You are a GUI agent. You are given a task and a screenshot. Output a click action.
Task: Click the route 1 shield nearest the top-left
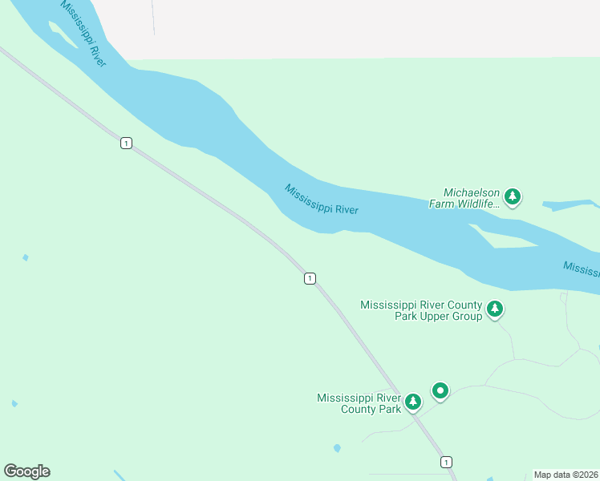(126, 143)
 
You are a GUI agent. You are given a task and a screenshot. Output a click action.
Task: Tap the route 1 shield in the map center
(310, 278)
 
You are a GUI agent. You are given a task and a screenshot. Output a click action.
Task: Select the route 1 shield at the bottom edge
(446, 462)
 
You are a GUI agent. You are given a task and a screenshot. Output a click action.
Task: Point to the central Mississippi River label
(321, 199)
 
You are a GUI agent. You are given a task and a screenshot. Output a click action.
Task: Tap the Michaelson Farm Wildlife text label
(472, 198)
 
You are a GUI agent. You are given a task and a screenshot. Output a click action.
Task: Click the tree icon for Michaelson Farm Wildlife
(513, 196)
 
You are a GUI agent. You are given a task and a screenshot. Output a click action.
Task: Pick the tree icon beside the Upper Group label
(495, 309)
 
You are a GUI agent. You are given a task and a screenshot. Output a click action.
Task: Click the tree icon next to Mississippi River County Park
(413, 401)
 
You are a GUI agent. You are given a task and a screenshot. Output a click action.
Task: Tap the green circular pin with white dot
(440, 390)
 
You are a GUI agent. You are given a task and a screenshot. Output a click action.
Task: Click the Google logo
(26, 471)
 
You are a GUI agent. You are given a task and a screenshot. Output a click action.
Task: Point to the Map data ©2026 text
(566, 475)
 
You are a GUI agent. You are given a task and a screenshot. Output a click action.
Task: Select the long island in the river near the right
(513, 239)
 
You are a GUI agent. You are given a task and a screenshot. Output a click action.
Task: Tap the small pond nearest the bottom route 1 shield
(337, 448)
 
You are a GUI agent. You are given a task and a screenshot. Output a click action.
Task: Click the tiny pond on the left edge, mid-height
(26, 257)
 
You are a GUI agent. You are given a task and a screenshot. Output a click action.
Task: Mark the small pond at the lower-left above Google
(14, 403)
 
